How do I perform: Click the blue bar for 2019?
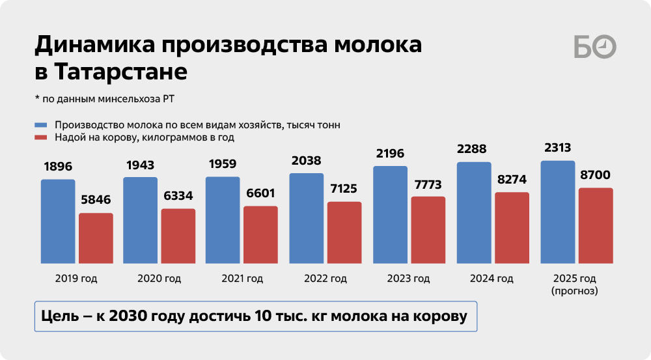pos(58,221)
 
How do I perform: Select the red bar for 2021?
pos(260,234)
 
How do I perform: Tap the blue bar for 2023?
pos(390,214)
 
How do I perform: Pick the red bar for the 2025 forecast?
pos(596,225)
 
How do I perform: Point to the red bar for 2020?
pos(178,236)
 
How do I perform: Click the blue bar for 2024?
pos(474,212)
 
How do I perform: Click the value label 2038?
pos(307,161)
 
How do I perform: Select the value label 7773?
pos(428,184)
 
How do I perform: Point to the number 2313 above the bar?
pos(558,148)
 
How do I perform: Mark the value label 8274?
pos(512,180)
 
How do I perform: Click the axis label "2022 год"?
pos(325,279)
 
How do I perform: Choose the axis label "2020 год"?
pos(159,279)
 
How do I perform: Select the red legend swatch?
pos(41,137)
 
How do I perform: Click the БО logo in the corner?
pos(595,48)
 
